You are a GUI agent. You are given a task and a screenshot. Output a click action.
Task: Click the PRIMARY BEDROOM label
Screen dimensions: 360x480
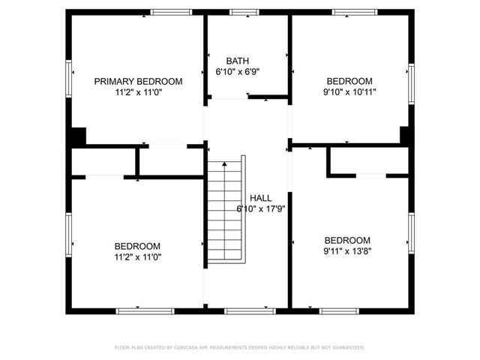point(139,81)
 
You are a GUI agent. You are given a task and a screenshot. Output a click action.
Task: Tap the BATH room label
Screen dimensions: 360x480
point(238,61)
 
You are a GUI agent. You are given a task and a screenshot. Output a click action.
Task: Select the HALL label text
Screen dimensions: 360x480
point(250,198)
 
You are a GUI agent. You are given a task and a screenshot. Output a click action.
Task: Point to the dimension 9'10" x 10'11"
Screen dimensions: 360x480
point(349,92)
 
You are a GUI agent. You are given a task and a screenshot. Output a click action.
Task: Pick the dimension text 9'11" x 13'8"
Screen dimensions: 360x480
point(348,251)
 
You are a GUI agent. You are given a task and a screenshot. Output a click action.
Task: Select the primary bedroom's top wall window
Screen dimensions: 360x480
point(170,12)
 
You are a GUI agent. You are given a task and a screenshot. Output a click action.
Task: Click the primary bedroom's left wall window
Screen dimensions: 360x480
point(69,78)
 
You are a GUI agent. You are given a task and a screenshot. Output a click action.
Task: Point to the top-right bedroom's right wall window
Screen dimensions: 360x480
point(411,82)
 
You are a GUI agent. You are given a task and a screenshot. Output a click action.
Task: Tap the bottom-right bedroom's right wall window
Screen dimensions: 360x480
point(411,233)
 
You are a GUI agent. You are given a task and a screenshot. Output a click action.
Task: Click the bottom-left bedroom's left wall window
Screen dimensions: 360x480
point(69,233)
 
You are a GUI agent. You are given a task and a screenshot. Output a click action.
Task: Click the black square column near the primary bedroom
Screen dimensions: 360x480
point(77,138)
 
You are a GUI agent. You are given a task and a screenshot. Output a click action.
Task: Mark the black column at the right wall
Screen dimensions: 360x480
point(406,136)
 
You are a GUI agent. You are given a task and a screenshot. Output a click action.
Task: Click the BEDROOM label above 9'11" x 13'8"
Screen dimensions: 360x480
point(348,240)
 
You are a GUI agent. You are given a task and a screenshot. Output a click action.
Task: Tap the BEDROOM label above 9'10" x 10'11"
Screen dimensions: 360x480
point(349,81)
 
